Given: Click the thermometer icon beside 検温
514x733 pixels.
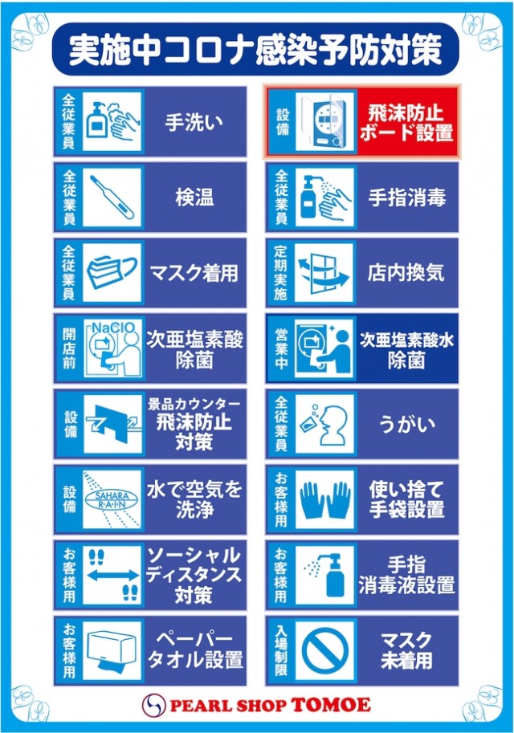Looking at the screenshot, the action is (x=112, y=198).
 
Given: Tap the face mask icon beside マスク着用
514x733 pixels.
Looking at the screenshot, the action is (x=112, y=272).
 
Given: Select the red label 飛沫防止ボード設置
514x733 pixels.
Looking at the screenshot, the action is (x=406, y=123).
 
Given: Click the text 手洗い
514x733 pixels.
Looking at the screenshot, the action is (x=194, y=123).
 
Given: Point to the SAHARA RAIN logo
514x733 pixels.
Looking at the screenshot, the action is (x=112, y=499).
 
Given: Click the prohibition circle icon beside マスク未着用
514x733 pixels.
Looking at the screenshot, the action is (x=325, y=650).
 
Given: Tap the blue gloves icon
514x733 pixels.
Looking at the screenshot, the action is (x=325, y=499).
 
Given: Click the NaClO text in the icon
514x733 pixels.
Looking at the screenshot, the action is (x=112, y=328).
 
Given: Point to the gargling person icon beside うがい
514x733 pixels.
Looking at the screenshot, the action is (x=325, y=424).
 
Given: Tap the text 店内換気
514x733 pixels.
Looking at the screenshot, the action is (x=406, y=272).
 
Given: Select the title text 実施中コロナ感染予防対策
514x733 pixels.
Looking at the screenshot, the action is (x=255, y=50).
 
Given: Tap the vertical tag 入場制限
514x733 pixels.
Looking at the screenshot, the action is (x=280, y=650).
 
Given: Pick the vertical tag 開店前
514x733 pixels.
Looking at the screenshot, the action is (x=69, y=348).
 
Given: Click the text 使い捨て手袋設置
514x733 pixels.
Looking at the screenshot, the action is (x=406, y=499).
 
